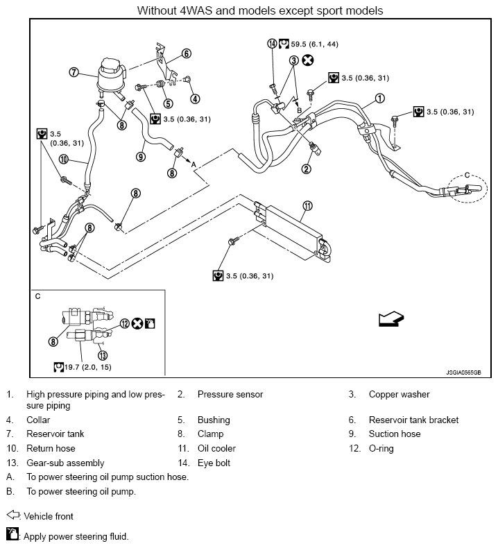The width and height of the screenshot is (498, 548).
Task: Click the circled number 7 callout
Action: click(x=74, y=72)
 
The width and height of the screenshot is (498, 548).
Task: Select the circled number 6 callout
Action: click(x=187, y=53)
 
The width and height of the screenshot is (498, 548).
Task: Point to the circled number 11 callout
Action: click(x=307, y=206)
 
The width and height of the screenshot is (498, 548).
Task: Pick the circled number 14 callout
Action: click(x=273, y=44)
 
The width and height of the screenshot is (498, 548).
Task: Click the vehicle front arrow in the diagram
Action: click(x=391, y=318)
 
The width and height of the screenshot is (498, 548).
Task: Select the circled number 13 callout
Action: click(x=103, y=355)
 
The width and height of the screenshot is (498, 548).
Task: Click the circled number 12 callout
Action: click(x=125, y=324)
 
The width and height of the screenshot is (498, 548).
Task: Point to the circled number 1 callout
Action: click(x=379, y=99)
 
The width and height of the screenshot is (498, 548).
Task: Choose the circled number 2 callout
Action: click(x=306, y=169)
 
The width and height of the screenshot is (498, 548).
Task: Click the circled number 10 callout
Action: click(x=63, y=160)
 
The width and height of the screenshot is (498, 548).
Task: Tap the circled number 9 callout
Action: click(x=141, y=157)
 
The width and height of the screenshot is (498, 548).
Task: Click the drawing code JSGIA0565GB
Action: click(x=463, y=373)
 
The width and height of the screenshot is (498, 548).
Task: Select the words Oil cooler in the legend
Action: click(x=216, y=448)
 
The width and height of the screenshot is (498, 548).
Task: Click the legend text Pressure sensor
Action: click(x=230, y=394)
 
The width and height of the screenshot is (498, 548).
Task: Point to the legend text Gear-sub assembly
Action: click(x=65, y=463)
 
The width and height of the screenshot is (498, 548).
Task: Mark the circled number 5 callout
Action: click(x=168, y=103)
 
